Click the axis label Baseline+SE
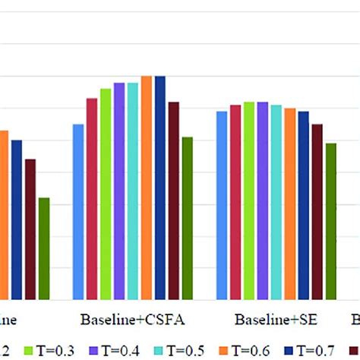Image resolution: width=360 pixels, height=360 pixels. click(266, 317)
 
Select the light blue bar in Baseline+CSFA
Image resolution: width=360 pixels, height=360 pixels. click(78, 212)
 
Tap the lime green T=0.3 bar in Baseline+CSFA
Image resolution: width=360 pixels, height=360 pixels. click(106, 194)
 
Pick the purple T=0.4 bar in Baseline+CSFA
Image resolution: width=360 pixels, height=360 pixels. click(119, 191)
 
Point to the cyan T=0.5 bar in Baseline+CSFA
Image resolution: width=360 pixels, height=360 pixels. click(133, 191)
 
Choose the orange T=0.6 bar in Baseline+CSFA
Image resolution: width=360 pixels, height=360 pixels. click(147, 188)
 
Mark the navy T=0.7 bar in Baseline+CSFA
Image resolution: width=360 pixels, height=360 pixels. click(160, 188)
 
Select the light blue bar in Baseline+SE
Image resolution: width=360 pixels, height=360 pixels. click(222, 205)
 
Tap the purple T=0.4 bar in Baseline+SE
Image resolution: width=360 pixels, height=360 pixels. click(263, 201)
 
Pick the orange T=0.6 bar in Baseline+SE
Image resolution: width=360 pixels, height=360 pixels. click(290, 204)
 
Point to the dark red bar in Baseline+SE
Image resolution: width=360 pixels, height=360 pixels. click(317, 212)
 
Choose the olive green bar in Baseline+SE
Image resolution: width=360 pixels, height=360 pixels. click(331, 221)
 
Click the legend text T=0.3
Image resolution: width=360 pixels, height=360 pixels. click(52, 349)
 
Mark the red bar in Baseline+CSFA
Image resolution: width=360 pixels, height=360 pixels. click(92, 199)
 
